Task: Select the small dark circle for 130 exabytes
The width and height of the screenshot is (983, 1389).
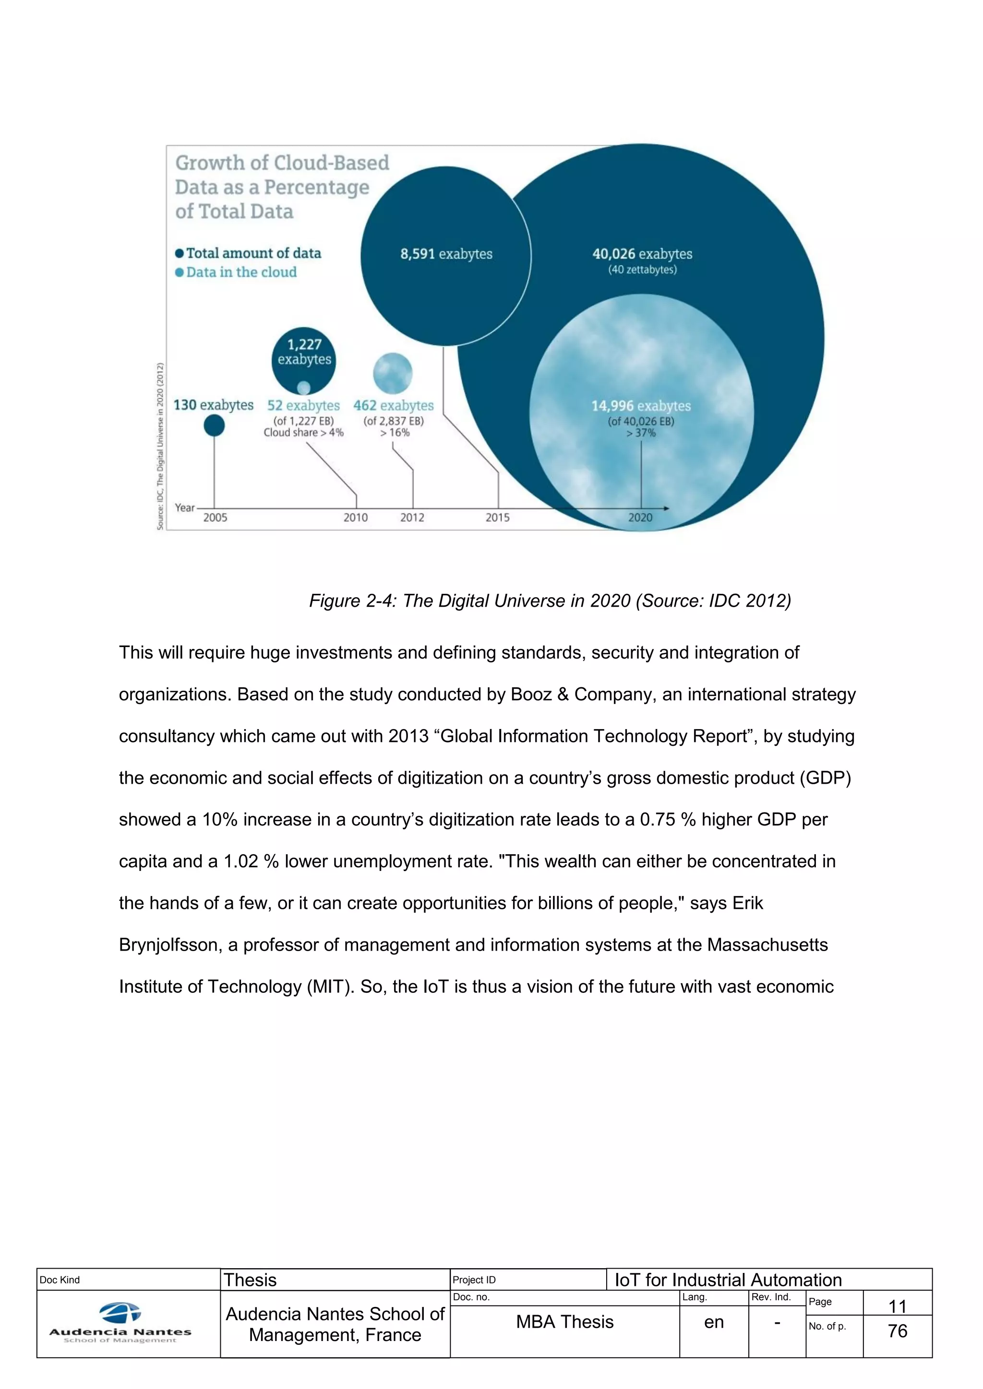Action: click(x=214, y=425)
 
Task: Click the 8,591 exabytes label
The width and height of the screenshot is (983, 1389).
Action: click(x=446, y=254)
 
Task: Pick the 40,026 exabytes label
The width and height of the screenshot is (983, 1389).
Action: click(x=642, y=254)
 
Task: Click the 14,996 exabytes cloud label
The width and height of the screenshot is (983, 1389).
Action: click(x=641, y=406)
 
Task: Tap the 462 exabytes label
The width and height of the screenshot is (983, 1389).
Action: click(x=394, y=405)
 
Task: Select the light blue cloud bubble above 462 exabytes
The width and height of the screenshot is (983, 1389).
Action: click(x=393, y=373)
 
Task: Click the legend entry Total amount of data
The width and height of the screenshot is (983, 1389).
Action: click(x=253, y=253)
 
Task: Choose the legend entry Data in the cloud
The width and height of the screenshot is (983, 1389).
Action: click(x=241, y=272)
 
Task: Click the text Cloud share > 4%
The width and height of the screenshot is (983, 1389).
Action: click(x=303, y=433)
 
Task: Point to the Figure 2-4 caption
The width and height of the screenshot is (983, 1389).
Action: click(x=550, y=600)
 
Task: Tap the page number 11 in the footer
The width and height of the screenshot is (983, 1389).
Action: click(x=897, y=1306)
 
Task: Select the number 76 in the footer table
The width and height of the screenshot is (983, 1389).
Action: click(x=897, y=1331)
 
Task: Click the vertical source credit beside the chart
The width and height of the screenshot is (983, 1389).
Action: click(x=160, y=446)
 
